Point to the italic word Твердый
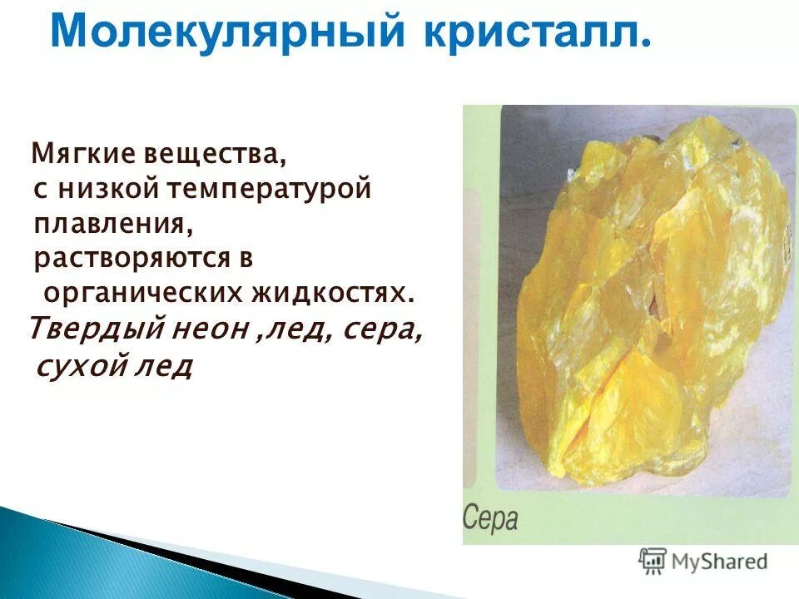click(92, 329)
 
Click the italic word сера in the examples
click(380, 330)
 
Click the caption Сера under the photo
click(490, 518)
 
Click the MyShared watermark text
click(720, 561)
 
